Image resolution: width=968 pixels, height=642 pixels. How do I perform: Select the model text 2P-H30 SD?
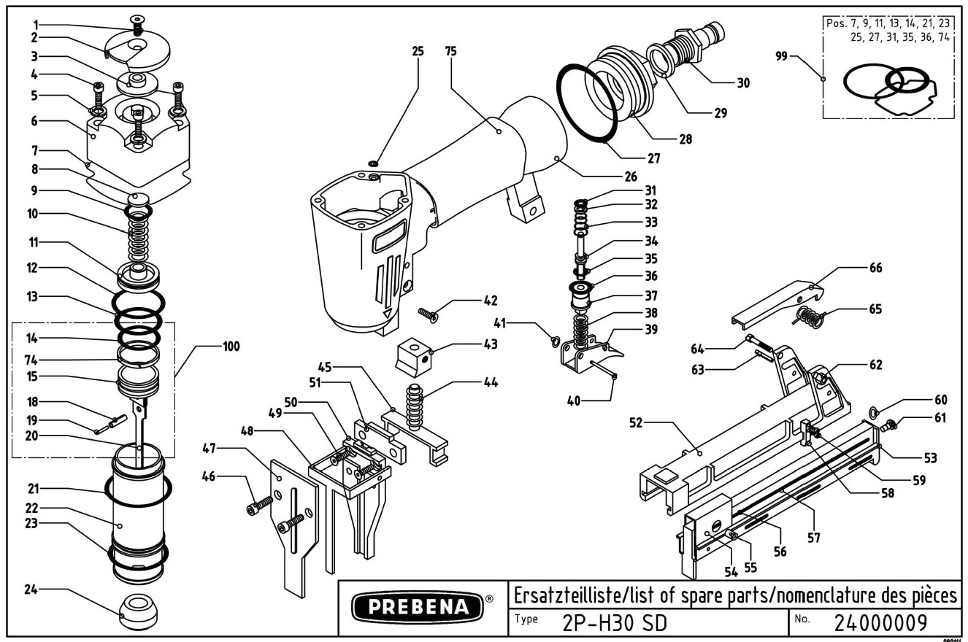(614, 624)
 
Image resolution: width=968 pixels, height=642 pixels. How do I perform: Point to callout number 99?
(781, 55)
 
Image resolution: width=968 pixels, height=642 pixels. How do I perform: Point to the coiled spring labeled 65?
(810, 317)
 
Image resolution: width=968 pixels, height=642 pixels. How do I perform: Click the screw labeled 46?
(262, 503)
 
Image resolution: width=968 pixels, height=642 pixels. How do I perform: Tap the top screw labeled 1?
(136, 23)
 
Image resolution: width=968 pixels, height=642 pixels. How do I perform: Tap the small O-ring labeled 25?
(374, 163)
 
